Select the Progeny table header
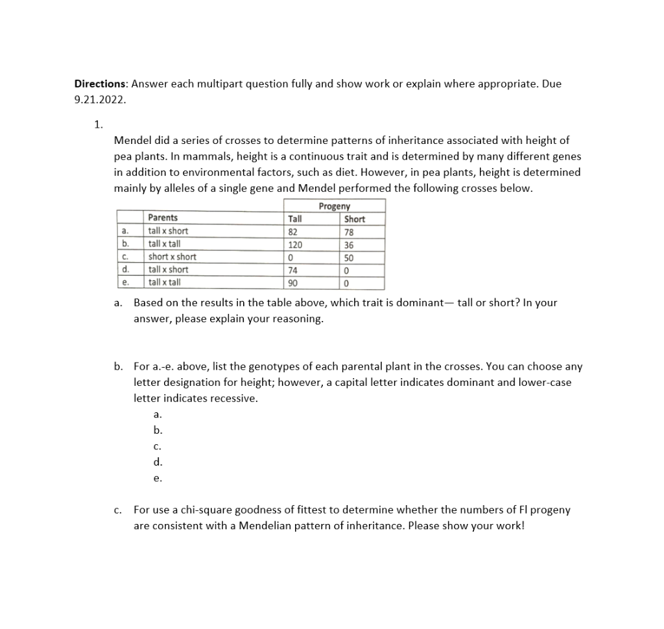pos(334,206)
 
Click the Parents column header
pos(163,218)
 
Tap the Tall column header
pos(294,219)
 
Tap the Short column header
pos(355,219)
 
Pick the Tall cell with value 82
pos(292,231)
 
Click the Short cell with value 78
pos(350,232)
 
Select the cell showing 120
pos(295,244)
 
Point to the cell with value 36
pos(350,244)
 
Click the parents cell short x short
pos(172,257)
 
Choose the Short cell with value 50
pos(350,257)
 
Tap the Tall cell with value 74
pos(292,270)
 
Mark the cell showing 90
pos(292,283)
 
